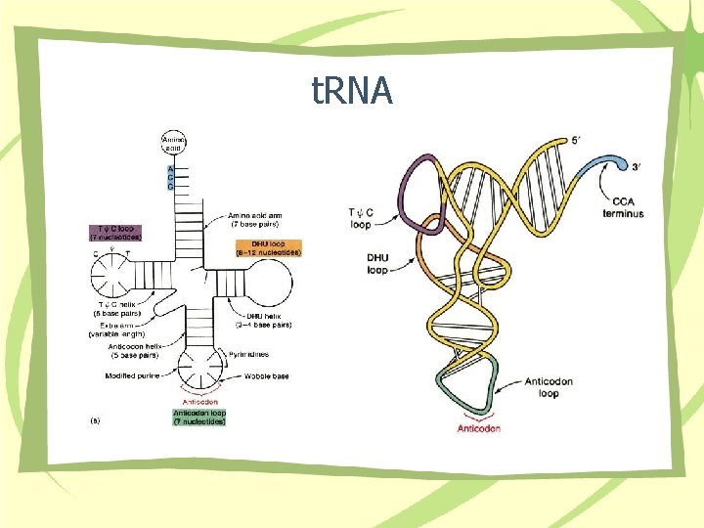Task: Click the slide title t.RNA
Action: pos(352,91)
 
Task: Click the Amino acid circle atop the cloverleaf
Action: pos(173,144)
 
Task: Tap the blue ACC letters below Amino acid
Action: pos(171,177)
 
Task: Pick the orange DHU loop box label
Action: pos(268,247)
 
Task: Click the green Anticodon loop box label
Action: pos(199,417)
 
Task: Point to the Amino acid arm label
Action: pos(256,219)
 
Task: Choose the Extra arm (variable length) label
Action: pos(119,330)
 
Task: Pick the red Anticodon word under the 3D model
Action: pos(479,428)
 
